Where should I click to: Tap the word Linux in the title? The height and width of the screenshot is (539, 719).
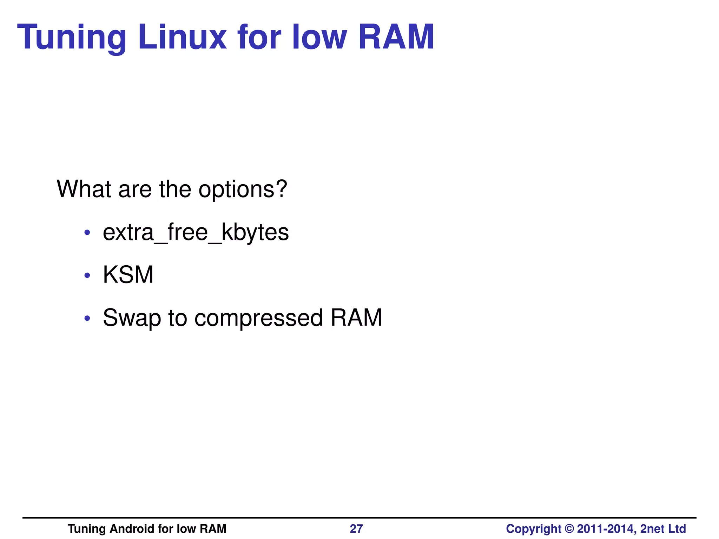pos(182,37)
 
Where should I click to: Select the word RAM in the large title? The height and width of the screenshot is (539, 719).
pos(396,37)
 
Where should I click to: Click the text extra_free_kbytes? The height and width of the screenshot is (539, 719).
pos(196,232)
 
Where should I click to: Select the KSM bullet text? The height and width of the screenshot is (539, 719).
pos(128,275)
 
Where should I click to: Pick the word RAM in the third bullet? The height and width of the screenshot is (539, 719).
pos(356,318)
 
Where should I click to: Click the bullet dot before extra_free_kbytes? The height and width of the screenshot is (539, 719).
pos(87,233)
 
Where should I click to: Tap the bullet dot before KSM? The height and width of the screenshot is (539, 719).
pos(87,275)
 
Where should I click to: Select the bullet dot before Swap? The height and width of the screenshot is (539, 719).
pos(87,319)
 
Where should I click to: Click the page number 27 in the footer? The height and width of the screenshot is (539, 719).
pos(356,528)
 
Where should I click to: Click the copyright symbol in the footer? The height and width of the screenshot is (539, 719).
pos(569,528)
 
